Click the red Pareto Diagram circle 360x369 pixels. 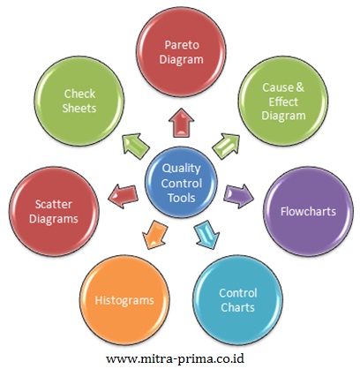182,52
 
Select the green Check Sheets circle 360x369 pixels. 79,101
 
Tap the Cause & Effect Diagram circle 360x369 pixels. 283,102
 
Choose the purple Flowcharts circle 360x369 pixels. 308,212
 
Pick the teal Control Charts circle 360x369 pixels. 238,300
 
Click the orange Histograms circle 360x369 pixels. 124,300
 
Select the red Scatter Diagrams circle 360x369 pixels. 54,212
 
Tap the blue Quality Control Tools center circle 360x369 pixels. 182,183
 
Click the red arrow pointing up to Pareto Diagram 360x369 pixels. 182,123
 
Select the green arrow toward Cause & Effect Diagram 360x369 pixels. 226,147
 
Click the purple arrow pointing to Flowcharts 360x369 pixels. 239,196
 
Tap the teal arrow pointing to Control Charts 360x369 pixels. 206,235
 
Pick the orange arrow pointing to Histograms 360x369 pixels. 154,235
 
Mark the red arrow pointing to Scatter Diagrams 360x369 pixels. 123,197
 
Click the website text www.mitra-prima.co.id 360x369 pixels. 176,358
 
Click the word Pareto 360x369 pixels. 182,45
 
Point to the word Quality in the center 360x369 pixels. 182,168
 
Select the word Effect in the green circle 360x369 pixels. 283,102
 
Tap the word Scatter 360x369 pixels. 54,204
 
